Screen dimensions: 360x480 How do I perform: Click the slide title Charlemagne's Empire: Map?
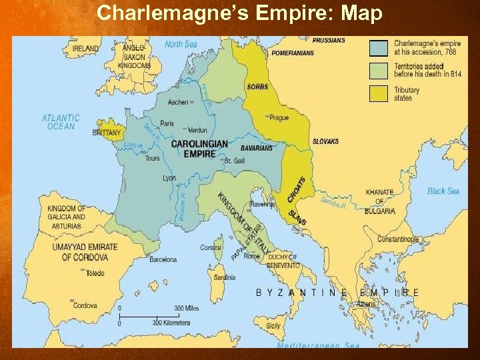(x=240, y=13)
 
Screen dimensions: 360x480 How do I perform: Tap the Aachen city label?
(x=178, y=102)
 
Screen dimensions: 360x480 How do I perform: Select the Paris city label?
(x=167, y=123)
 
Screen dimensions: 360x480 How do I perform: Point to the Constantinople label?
(x=398, y=239)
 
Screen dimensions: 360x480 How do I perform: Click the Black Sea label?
(x=443, y=191)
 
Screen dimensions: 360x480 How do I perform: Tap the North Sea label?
(x=181, y=44)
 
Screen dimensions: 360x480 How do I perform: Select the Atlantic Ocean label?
(x=61, y=122)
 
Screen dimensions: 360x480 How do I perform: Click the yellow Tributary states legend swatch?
(x=378, y=93)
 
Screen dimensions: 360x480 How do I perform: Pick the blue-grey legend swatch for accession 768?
(x=378, y=48)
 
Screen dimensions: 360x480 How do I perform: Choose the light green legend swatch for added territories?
(x=378, y=71)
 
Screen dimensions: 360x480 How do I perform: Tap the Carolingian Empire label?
(x=199, y=149)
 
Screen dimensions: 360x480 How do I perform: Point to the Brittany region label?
(x=107, y=133)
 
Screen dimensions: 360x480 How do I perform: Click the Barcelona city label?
(x=163, y=259)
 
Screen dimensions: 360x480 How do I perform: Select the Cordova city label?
(x=85, y=306)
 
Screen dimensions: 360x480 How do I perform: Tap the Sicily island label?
(x=273, y=326)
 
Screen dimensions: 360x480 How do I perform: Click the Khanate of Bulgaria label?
(x=380, y=201)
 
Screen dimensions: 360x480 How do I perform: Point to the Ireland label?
(x=85, y=48)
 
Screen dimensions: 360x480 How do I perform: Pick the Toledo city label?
(x=95, y=273)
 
